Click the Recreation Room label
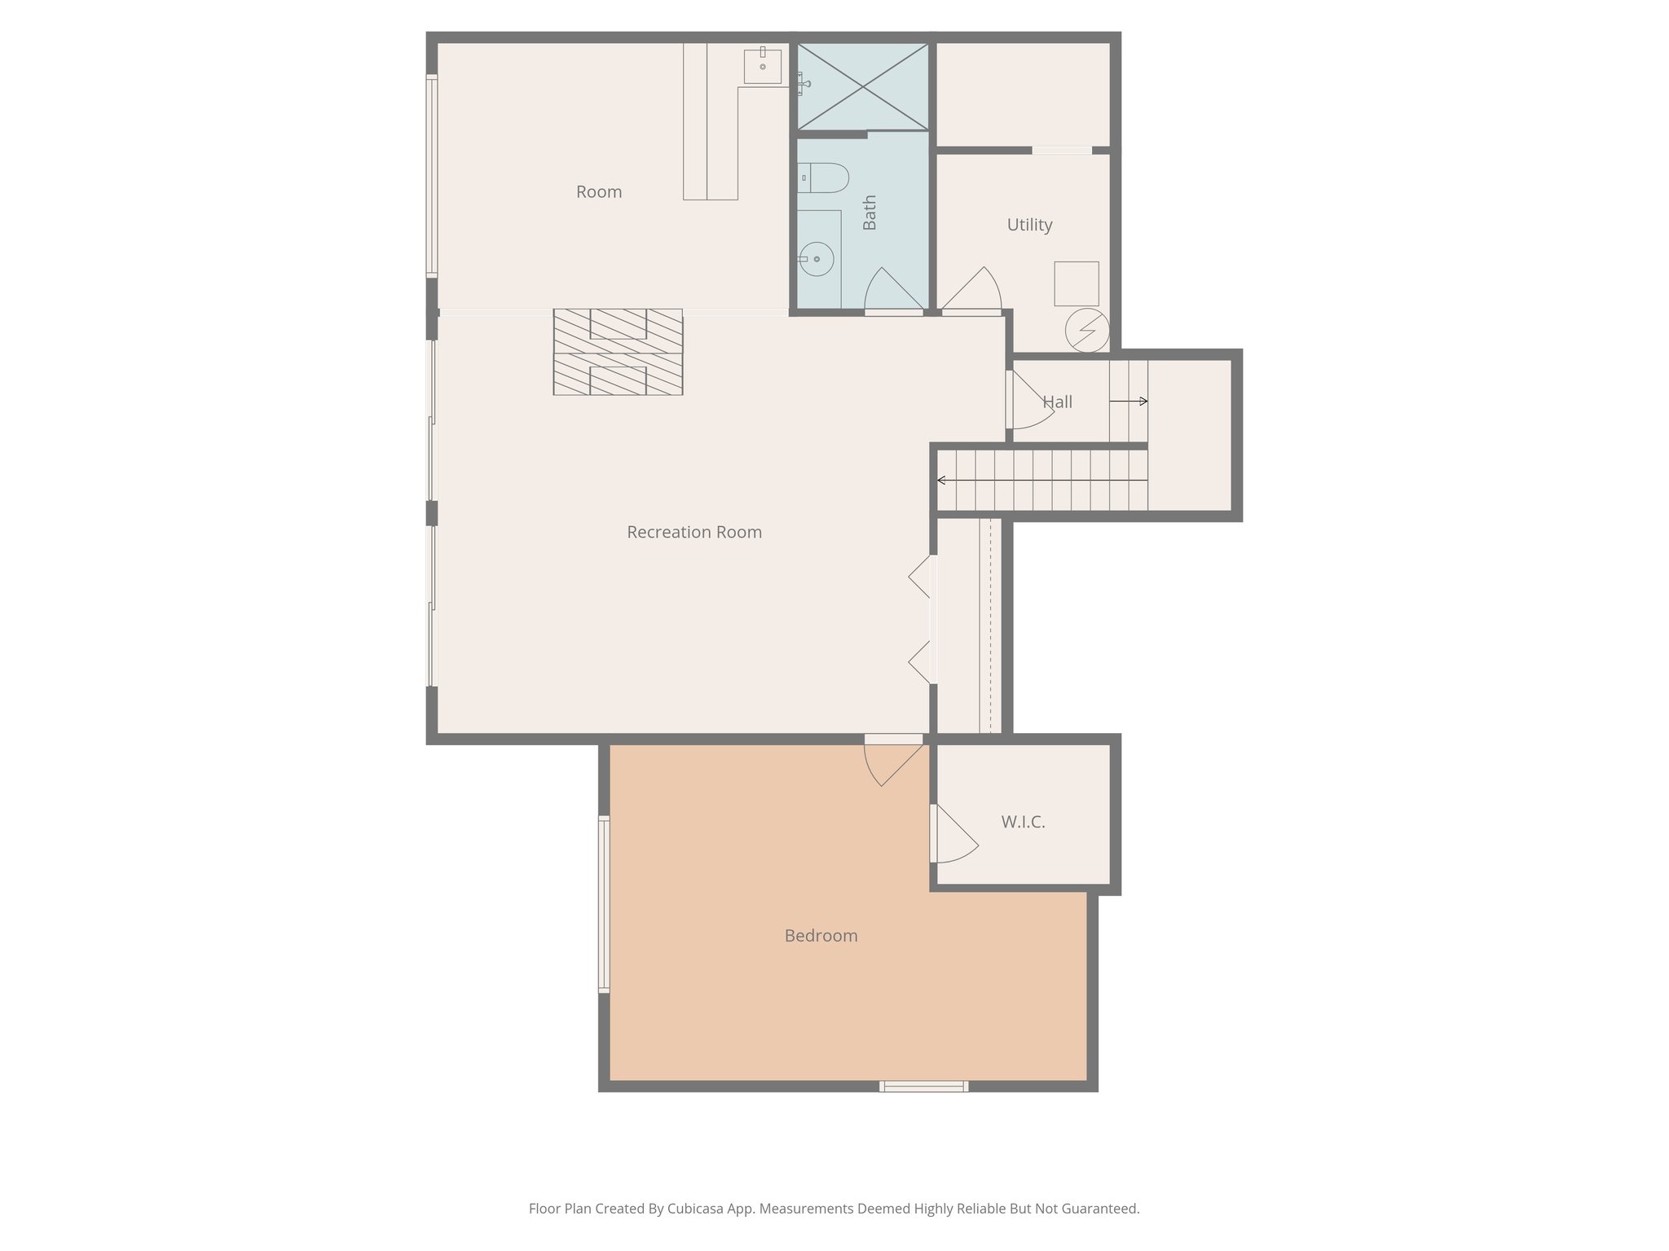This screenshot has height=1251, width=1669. (694, 533)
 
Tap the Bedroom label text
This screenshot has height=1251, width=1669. (821, 936)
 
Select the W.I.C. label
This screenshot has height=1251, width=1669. (1023, 822)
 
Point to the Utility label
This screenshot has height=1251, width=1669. (1029, 225)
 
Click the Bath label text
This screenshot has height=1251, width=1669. (870, 213)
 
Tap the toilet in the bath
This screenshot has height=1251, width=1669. (825, 178)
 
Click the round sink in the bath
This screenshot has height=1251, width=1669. (816, 259)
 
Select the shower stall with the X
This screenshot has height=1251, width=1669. (862, 86)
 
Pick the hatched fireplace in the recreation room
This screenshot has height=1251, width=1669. (618, 352)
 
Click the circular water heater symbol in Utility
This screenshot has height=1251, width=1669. (1087, 330)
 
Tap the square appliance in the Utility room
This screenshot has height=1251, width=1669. (1077, 283)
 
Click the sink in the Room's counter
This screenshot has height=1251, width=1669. (763, 66)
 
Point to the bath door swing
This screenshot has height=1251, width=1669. (892, 291)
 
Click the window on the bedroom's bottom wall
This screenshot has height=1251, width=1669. (924, 1086)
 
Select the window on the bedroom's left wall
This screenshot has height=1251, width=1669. (604, 904)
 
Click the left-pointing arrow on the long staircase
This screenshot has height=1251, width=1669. (943, 481)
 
